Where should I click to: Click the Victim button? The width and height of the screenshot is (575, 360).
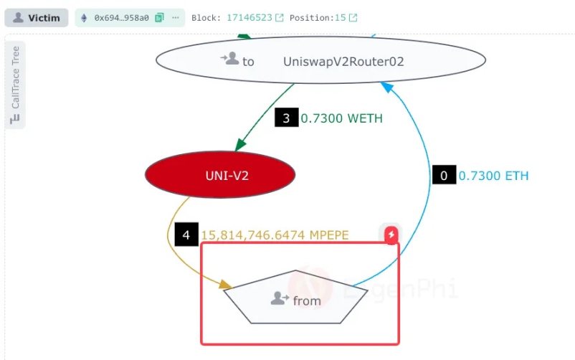click(36, 17)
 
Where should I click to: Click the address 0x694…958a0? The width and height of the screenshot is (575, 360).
click(121, 17)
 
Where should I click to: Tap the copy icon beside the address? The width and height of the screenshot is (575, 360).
click(158, 17)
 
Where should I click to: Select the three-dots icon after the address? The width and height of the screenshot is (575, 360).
click(175, 17)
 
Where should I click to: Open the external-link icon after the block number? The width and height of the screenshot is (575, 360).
click(280, 17)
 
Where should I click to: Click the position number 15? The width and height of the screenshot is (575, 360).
click(341, 17)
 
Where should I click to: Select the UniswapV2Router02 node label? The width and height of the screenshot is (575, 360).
click(343, 62)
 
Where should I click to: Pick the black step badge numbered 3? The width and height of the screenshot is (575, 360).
click(286, 118)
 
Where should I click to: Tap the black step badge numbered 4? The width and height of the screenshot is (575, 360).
click(186, 234)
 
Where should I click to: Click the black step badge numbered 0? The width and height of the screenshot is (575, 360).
click(444, 175)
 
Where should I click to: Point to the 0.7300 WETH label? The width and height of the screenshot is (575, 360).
click(342, 118)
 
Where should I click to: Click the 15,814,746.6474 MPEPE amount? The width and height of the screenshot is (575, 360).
click(275, 235)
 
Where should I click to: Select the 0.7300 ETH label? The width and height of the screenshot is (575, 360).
click(493, 175)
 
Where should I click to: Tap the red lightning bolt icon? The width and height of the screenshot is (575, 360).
click(391, 235)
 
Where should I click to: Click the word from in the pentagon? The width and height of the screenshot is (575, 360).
click(307, 300)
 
